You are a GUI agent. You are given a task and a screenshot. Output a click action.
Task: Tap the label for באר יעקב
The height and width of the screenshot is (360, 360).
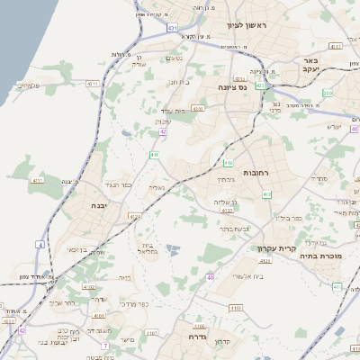click(x=336, y=65)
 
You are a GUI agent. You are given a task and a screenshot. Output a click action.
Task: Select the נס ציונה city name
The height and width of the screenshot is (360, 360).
click(x=232, y=87)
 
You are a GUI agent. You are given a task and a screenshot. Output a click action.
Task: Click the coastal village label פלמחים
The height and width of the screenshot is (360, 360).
click(x=27, y=85)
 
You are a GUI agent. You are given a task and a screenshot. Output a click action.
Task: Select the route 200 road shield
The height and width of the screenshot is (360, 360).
click(x=328, y=93)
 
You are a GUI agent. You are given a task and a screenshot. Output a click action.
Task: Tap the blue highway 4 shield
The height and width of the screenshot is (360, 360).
click(x=40, y=245)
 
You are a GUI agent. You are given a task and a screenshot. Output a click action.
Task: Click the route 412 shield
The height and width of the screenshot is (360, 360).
click(x=228, y=164)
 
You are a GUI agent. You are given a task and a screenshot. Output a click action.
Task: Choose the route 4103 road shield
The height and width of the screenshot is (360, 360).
click(x=198, y=108)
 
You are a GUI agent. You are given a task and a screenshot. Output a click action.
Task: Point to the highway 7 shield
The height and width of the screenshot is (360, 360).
click(x=105, y=345)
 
